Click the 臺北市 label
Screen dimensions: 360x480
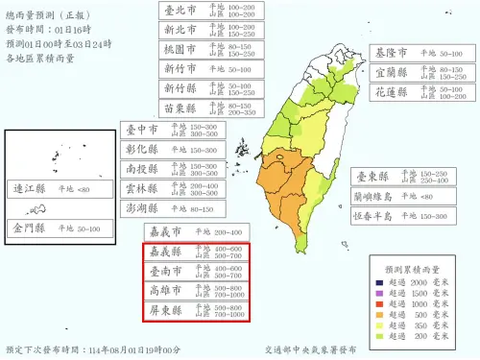(x=179, y=12)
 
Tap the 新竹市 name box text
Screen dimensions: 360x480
(x=179, y=69)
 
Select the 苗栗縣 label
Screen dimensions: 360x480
(x=179, y=109)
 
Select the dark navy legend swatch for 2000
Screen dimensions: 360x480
(x=381, y=284)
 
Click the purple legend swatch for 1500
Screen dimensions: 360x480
(x=381, y=295)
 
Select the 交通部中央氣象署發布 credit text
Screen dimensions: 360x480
(x=314, y=350)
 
